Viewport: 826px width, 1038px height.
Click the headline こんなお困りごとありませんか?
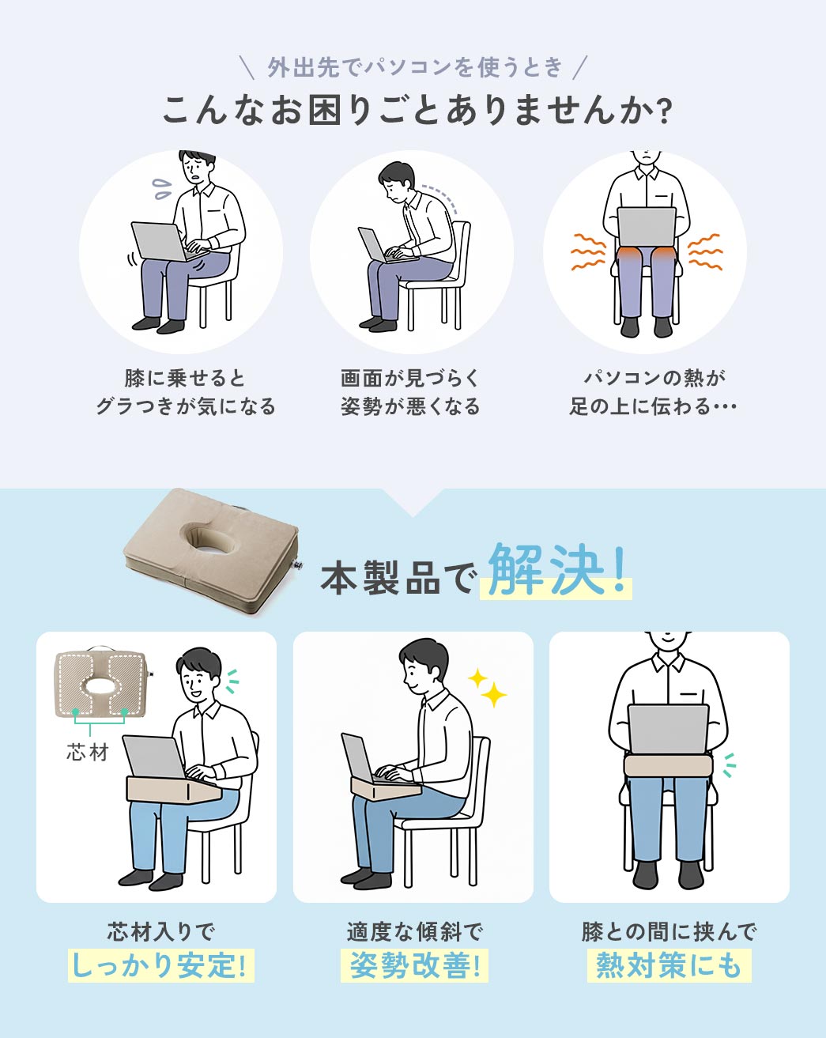click(417, 110)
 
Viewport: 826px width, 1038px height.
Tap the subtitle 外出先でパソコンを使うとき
click(414, 67)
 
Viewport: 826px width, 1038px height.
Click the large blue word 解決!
click(556, 569)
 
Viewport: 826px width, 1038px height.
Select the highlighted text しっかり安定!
click(160, 965)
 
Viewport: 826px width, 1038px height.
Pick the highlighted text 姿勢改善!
click(414, 965)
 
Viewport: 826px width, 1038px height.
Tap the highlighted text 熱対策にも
click(669, 965)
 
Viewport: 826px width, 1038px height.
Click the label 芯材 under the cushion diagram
click(88, 752)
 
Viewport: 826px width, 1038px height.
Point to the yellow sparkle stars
click(488, 689)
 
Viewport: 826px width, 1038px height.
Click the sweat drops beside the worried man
click(162, 188)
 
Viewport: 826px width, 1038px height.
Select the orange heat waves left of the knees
click(587, 251)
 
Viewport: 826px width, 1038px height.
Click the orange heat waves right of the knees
click(705, 251)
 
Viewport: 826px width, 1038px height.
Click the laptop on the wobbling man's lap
click(160, 241)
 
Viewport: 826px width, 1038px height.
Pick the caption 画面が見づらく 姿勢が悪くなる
click(410, 392)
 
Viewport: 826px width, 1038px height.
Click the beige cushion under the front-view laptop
click(669, 764)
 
